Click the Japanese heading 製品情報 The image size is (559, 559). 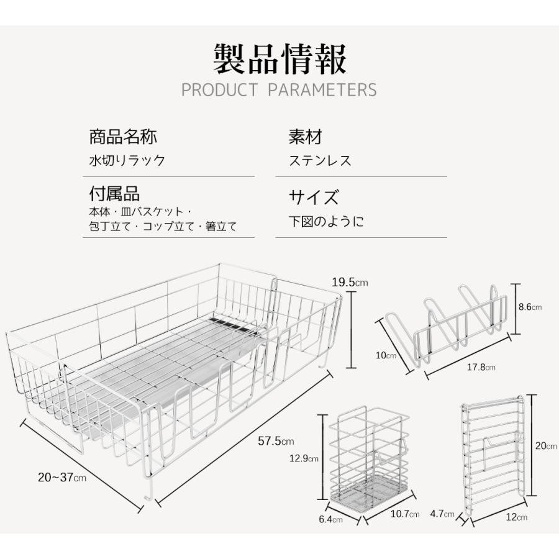click(280, 59)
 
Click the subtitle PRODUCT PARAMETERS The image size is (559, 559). click(279, 90)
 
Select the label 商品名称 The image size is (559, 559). click(123, 137)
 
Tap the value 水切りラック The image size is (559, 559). click(127, 160)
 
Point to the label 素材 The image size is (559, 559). click(306, 137)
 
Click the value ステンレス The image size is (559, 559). click(320, 160)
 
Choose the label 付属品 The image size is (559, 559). click(114, 194)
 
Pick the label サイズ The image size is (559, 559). click(314, 196)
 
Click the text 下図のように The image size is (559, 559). click(326, 221)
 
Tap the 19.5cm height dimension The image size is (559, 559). click(350, 283)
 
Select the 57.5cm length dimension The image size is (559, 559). click(276, 441)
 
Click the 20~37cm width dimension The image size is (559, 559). click(62, 477)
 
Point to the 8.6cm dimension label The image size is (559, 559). click(530, 307)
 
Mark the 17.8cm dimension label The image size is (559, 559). click(481, 367)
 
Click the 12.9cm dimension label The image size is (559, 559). click(304, 458)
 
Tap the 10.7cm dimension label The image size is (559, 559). click(405, 514)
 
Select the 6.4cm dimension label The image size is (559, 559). click(331, 519)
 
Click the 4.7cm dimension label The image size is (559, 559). click(442, 514)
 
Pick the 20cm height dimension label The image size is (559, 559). click(546, 445)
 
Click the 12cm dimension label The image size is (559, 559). click(517, 517)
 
